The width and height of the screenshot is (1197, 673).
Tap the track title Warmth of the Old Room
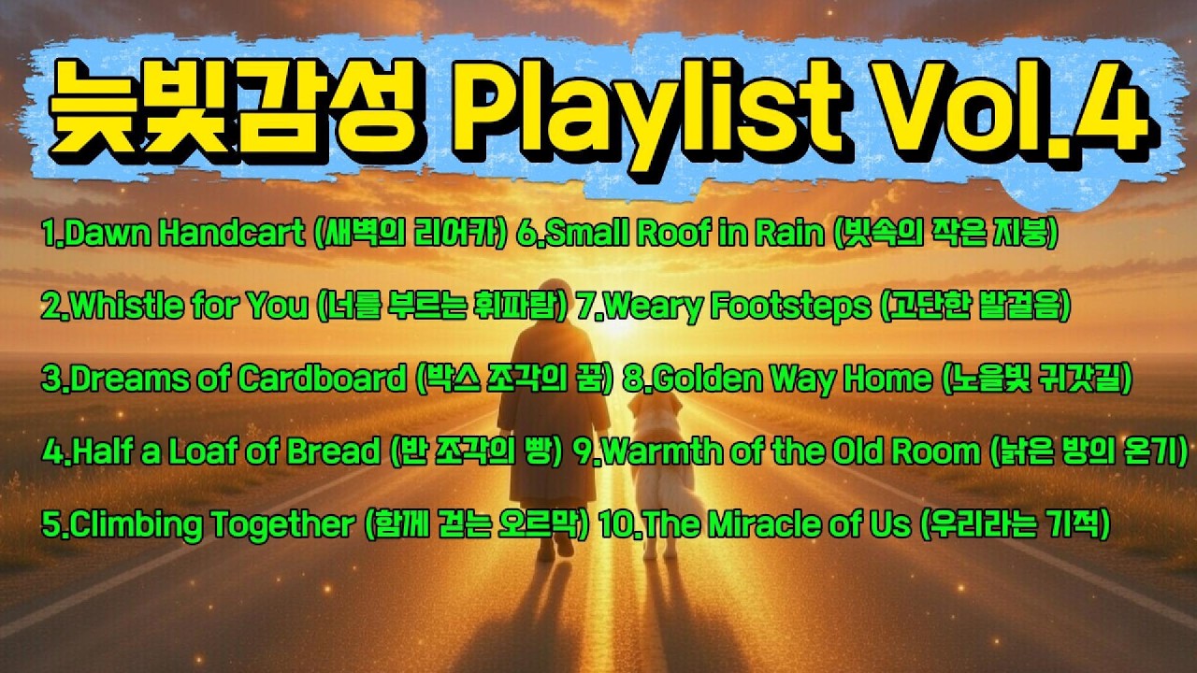tap(789, 452)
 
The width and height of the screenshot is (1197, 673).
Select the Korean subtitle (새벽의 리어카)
tap(411, 234)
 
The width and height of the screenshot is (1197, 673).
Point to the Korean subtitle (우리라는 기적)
tap(1015, 525)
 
